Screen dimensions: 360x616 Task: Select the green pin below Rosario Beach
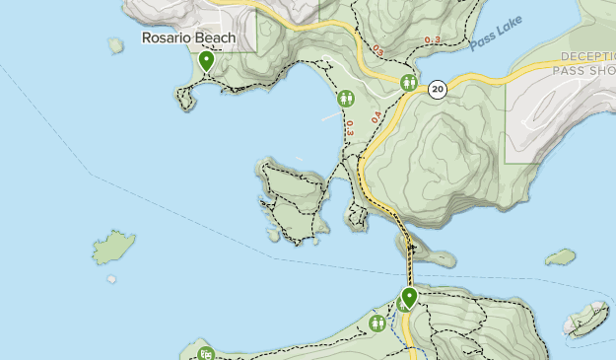click(206, 61)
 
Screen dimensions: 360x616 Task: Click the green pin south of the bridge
click(409, 297)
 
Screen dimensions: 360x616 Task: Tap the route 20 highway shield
click(438, 90)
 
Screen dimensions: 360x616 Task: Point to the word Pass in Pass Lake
click(482, 41)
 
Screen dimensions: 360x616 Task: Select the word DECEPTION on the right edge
click(586, 57)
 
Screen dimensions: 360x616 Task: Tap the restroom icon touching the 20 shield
click(409, 84)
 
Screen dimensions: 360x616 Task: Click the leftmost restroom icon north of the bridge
click(346, 99)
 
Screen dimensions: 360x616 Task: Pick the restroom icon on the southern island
click(376, 324)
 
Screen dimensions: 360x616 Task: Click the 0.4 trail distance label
click(376, 116)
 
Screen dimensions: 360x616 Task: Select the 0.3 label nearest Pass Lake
click(433, 39)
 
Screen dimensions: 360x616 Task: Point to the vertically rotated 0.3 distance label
click(350, 127)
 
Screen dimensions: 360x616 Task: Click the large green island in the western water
click(114, 247)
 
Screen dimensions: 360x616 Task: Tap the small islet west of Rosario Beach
click(116, 45)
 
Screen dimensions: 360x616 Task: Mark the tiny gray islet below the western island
click(112, 279)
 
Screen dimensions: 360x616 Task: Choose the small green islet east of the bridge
click(561, 256)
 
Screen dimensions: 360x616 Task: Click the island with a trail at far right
click(586, 318)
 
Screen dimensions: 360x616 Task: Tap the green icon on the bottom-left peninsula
click(205, 353)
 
